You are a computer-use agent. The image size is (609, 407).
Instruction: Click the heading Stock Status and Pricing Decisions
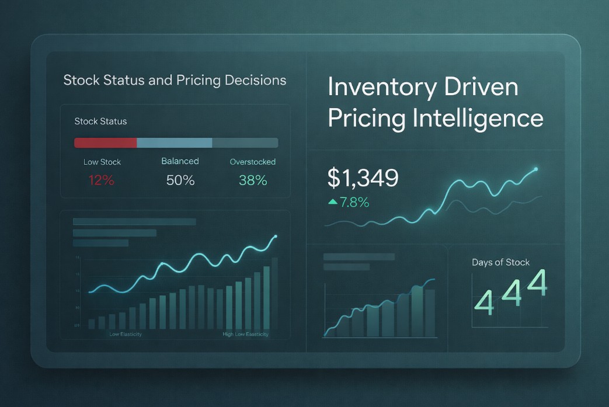coord(175,80)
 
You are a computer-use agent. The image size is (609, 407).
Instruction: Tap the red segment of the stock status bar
coord(105,143)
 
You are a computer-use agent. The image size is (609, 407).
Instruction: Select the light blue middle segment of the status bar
coord(174,143)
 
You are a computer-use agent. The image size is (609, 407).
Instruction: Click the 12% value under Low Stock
coord(102,180)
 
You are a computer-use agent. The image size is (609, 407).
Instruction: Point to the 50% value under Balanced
coord(180,180)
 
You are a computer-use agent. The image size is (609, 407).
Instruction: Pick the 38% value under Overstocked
coord(253,180)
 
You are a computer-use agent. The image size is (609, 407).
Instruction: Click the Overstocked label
coord(253,162)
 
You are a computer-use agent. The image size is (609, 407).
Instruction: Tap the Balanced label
coord(180,161)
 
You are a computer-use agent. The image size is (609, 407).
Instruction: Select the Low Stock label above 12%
coord(102,162)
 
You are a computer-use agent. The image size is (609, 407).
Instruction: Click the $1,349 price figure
coord(363,178)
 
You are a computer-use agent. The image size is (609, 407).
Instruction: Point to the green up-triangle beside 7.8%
coord(333,202)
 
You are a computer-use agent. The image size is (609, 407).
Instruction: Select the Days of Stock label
coord(500,262)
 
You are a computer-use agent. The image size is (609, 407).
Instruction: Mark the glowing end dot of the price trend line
coord(536,169)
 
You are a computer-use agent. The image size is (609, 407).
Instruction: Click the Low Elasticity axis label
coord(125,335)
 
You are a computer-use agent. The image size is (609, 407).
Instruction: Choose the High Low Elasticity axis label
coord(245,335)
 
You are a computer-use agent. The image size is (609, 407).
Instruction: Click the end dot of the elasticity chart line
coord(275,236)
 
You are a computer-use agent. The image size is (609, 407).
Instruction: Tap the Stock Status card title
coord(100,121)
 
